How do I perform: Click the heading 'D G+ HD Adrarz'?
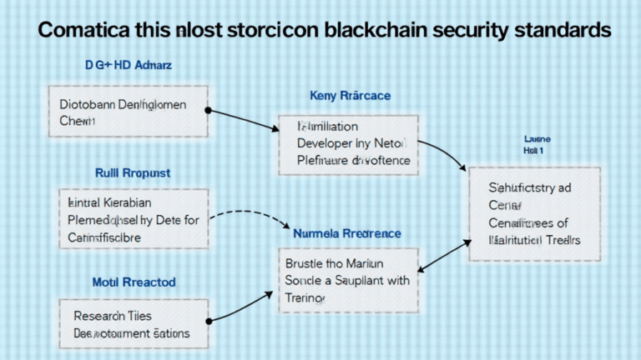point(128,64)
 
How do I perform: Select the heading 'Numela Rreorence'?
point(346,233)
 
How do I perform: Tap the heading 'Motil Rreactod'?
point(134,282)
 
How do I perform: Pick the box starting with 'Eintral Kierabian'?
point(133,219)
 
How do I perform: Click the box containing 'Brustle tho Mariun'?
point(348,280)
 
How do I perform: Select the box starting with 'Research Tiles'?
point(134,325)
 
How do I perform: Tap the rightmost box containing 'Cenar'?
point(534,213)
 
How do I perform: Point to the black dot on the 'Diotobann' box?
point(208,110)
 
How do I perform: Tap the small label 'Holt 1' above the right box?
point(533,152)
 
